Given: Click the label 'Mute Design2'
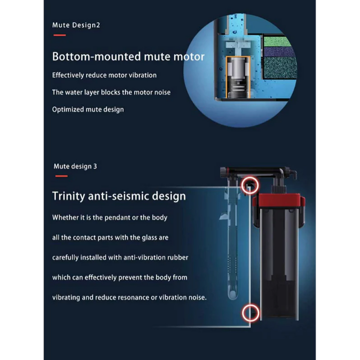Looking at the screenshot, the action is coord(76,25).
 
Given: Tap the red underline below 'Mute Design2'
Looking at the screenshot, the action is coord(59,35).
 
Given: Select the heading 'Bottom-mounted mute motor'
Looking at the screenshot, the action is coord(128,56).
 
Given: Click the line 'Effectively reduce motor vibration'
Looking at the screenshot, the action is coord(104,75).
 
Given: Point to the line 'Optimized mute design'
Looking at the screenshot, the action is coord(88,109).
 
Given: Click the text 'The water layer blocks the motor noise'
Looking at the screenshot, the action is coord(111,92).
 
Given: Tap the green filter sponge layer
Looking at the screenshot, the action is coord(277,41).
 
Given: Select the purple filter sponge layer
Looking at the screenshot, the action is coord(279,52).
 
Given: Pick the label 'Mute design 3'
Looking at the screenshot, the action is coord(75,166).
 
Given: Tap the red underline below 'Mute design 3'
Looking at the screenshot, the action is coord(61,176).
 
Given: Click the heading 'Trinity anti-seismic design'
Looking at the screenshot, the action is coord(119,196).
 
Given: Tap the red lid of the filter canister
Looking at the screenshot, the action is coord(278,200).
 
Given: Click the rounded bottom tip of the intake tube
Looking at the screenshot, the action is coord(232,295).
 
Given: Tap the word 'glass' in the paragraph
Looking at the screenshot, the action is coord(149,237).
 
